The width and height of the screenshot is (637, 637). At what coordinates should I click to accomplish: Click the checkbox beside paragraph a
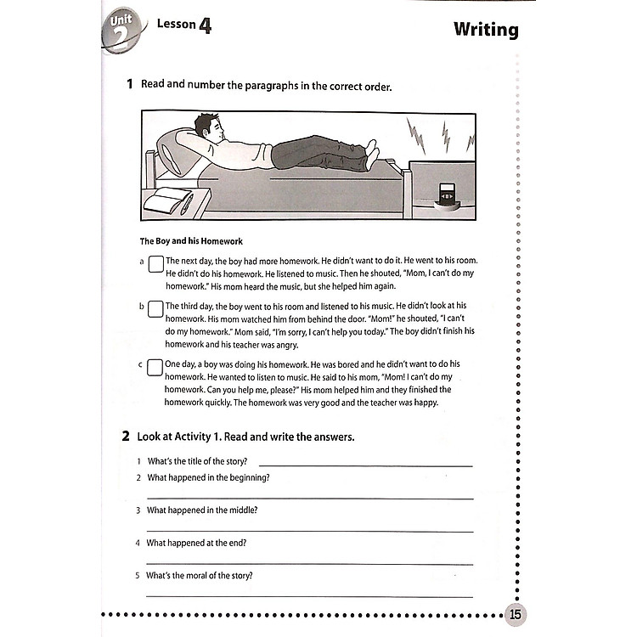point(155,265)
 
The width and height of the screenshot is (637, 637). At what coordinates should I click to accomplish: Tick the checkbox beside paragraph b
point(155,308)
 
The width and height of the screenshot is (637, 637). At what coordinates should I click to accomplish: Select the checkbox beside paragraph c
point(155,367)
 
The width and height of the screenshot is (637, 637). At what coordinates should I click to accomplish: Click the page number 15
point(515,613)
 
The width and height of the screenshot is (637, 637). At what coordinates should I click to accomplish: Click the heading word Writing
point(485,30)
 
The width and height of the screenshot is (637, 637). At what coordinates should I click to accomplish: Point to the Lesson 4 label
point(183,25)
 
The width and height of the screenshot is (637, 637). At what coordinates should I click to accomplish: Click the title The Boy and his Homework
point(191,241)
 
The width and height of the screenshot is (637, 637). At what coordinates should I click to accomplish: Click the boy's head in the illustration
point(207,128)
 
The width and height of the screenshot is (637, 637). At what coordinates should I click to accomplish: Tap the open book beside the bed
point(169,200)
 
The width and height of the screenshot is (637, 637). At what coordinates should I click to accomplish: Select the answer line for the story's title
point(365,463)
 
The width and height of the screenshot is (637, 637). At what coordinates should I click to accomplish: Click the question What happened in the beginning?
point(208,477)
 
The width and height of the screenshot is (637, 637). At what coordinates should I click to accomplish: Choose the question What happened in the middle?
point(202,510)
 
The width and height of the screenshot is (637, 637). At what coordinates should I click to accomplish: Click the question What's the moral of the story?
point(200,575)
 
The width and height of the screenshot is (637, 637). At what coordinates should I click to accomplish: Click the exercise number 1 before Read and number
point(129,84)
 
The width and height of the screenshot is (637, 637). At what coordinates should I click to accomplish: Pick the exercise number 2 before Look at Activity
point(126,437)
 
